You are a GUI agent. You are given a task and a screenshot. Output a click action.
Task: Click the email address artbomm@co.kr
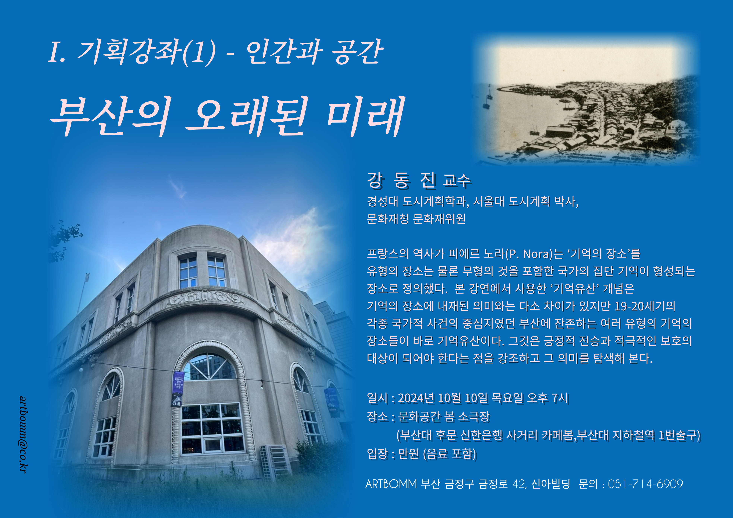23,435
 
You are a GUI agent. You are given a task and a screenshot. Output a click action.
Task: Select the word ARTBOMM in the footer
391,484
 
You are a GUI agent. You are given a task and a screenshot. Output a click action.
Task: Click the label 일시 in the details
378,398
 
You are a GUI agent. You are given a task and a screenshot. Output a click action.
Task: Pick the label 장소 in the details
378,416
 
